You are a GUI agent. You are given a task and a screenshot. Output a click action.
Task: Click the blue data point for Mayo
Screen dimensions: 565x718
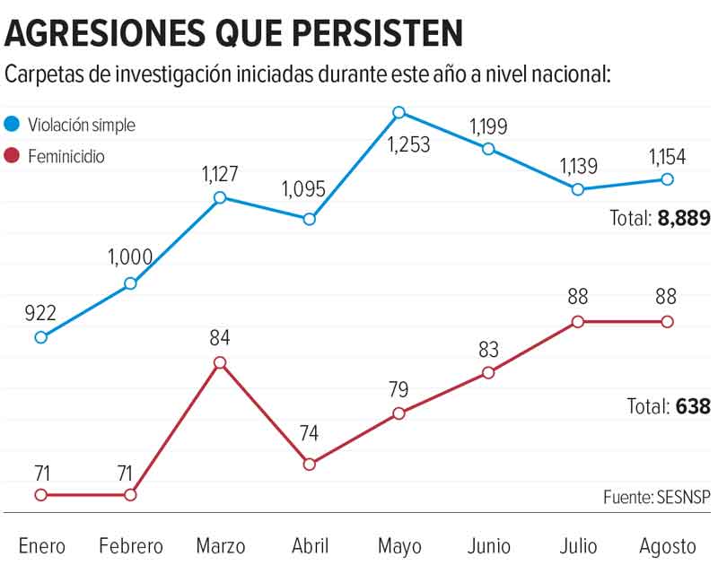point(399,113)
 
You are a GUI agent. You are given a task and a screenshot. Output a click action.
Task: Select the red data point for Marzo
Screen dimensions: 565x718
point(220,362)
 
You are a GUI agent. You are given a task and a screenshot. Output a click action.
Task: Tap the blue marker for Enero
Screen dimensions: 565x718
point(40,337)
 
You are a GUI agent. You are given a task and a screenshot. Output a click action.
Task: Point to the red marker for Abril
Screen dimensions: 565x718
point(310,464)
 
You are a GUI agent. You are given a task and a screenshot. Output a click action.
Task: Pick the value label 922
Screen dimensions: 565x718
point(40,313)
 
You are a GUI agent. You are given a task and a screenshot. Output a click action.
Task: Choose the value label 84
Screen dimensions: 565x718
point(220,338)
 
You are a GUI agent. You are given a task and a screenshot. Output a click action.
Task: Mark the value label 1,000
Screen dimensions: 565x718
point(130,258)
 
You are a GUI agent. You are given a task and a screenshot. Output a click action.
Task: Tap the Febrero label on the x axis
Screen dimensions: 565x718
point(131,545)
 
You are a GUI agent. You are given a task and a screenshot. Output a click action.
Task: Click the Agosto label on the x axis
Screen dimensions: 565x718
point(668,545)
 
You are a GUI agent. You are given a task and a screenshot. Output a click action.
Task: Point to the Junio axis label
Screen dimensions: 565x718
point(488,545)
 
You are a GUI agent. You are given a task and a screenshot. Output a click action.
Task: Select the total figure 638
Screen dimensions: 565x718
point(693,406)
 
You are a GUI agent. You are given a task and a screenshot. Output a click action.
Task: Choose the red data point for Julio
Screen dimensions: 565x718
point(578,321)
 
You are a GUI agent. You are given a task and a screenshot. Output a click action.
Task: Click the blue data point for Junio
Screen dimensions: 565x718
point(488,149)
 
